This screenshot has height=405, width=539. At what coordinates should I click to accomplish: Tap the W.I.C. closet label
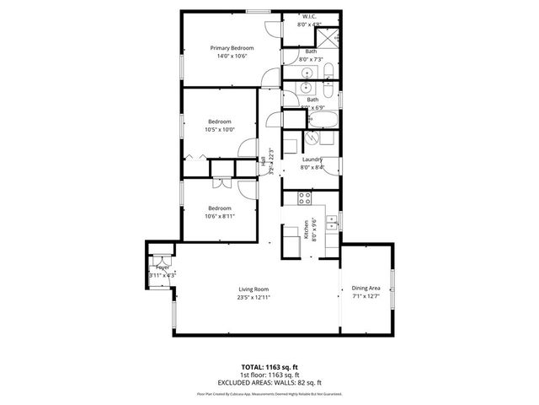(310, 17)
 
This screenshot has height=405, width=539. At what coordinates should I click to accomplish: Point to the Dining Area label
(366, 289)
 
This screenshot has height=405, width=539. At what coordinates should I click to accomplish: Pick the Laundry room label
(312, 159)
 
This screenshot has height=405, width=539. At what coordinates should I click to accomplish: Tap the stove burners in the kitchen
(306, 199)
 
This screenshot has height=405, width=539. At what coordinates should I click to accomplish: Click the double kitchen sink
(334, 223)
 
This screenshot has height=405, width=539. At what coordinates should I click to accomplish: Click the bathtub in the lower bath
(322, 118)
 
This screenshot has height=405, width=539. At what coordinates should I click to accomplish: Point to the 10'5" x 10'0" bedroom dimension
(219, 129)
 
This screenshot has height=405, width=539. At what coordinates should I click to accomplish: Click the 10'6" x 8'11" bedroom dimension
(220, 216)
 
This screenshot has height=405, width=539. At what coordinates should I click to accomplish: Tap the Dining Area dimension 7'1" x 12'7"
(366, 297)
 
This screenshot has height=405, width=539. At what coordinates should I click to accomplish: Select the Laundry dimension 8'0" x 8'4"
(312, 167)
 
